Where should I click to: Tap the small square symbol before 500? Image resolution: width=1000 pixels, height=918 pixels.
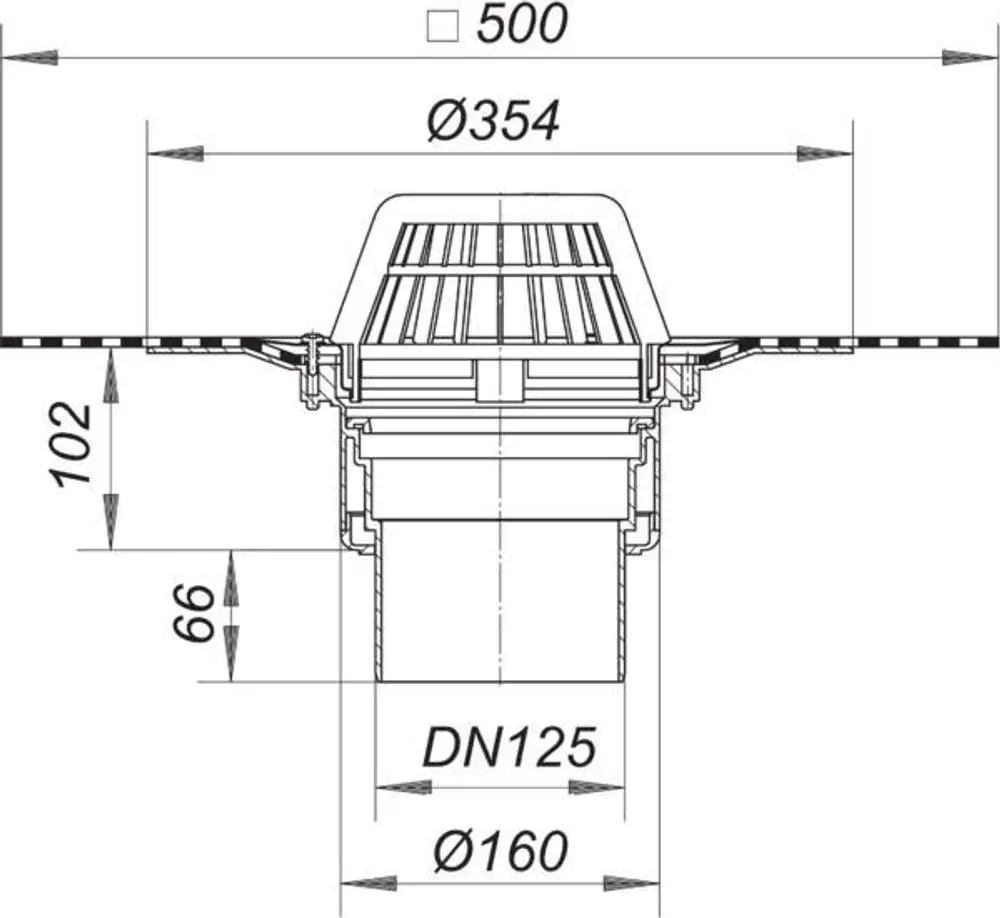tap(443, 28)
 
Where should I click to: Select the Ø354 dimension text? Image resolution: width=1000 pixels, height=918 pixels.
tap(494, 120)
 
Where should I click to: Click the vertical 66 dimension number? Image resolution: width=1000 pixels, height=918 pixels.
tap(193, 613)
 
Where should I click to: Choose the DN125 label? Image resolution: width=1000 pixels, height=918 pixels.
tap(510, 747)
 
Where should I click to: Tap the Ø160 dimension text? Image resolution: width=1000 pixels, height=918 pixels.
tap(500, 850)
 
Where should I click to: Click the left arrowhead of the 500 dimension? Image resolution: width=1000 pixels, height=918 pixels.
tap(30, 58)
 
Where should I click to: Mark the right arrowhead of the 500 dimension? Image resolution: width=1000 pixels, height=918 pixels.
tap(970, 57)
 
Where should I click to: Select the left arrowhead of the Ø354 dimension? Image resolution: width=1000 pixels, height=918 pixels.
tap(175, 154)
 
